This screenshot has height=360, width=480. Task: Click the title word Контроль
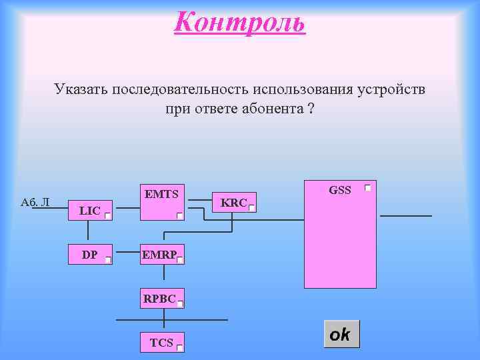pos(239,22)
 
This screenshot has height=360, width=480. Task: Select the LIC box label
pos(89,211)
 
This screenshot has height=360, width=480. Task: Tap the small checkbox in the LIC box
pos(108,216)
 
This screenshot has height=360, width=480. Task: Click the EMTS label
pos(161,195)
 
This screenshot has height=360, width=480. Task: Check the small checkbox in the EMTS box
pos(180,216)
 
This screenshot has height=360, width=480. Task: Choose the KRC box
pos(234,203)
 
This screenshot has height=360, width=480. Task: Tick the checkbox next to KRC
pos(252,208)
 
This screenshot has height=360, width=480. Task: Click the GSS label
pos(340,190)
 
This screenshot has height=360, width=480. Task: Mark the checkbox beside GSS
pos(367,189)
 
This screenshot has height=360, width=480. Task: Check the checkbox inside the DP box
pos(108,261)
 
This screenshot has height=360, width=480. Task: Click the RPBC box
pos(160,299)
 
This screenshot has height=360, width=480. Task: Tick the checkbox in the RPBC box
pos(180,304)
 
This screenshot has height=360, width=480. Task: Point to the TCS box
pos(161,343)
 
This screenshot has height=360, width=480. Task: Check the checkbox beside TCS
pos(179,347)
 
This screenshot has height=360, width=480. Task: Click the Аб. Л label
pos(35,201)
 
